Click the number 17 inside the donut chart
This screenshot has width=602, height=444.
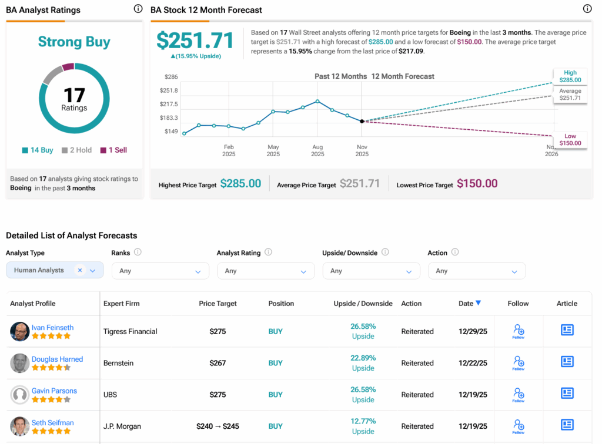click(x=74, y=95)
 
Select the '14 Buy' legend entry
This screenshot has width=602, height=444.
click(x=38, y=150)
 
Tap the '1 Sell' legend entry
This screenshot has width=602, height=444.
click(x=113, y=150)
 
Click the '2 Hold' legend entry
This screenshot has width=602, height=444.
click(x=76, y=150)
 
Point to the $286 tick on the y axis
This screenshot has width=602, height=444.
click(x=171, y=77)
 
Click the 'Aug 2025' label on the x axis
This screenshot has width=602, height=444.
click(x=317, y=150)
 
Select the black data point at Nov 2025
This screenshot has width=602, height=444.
click(x=362, y=121)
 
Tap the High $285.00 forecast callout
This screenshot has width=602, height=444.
click(x=570, y=76)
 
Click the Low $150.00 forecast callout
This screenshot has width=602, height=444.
click(x=570, y=140)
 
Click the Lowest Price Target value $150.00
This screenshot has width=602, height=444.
click(x=477, y=184)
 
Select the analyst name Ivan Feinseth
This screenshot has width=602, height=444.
click(x=52, y=327)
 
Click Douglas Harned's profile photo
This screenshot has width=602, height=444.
click(x=20, y=363)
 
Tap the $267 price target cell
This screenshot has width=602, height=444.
click(x=218, y=363)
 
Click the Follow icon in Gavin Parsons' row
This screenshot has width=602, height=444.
click(x=518, y=393)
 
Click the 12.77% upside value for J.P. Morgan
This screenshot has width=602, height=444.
click(x=363, y=421)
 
